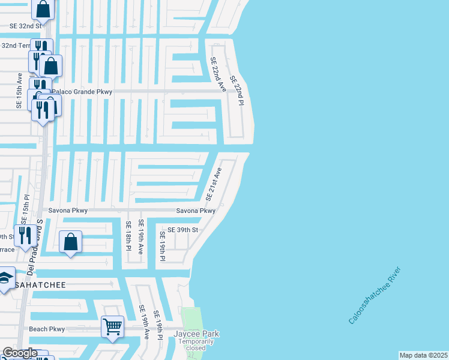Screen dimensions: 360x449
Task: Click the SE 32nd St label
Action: click(25, 26)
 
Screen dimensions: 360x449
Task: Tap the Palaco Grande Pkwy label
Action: click(82, 92)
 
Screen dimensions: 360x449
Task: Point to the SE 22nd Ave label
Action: click(217, 74)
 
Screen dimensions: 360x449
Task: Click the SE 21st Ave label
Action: click(214, 184)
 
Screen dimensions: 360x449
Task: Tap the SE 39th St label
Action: click(182, 230)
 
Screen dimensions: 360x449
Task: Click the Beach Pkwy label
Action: click(47, 329)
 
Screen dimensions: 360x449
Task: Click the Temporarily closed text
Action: click(196, 345)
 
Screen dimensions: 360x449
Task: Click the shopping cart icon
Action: click(112, 326)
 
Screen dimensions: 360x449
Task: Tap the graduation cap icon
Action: click(5, 278)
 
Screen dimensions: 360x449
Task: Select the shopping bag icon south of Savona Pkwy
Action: click(71, 242)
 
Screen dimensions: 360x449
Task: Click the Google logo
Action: click(19, 353)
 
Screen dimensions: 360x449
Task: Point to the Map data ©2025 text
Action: click(423, 355)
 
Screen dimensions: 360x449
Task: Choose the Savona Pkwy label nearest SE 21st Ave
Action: click(195, 211)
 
